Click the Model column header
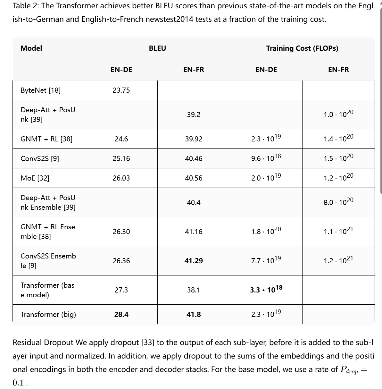coord(31,48)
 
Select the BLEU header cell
coord(157,48)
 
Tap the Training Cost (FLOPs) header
coord(302,48)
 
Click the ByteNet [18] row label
coord(41,90)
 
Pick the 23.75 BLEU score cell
coord(121,90)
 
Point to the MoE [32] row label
coord(35,178)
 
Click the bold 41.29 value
coord(194,261)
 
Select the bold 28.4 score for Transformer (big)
coord(121,314)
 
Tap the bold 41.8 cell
coord(194,314)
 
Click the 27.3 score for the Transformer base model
coord(121,290)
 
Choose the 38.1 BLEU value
coord(194,290)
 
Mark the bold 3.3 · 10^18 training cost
coord(266,290)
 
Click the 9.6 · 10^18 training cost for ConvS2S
coord(266,158)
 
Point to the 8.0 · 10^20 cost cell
coord(338,202)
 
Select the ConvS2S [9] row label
coord(40,158)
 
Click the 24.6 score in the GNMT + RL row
coord(121,139)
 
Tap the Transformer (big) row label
coord(48,314)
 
